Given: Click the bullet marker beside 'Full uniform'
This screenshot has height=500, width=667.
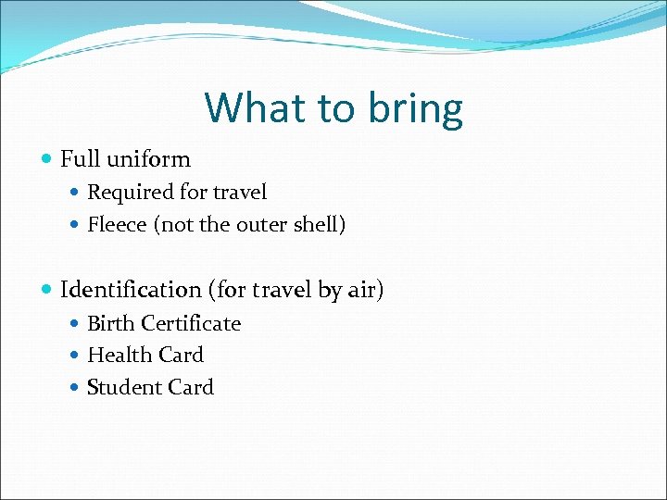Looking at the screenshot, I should (47, 159).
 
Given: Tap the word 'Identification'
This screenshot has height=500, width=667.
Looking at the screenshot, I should (131, 290).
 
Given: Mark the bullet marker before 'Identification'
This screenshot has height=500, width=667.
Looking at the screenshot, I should (47, 291).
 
